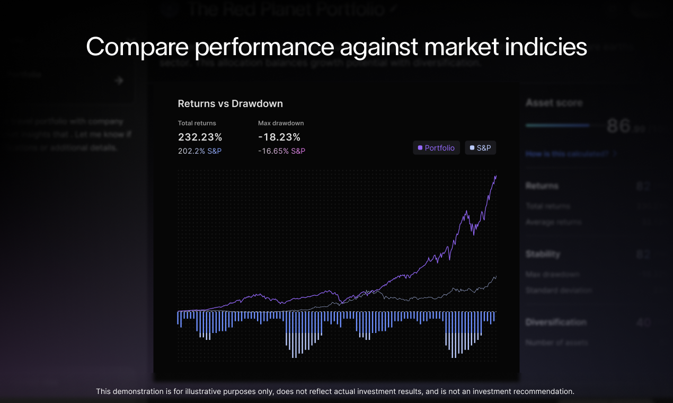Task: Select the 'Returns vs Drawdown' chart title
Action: tap(230, 103)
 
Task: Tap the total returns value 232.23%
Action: tap(200, 137)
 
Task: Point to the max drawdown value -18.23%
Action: tap(279, 137)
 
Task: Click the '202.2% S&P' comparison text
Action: tap(200, 151)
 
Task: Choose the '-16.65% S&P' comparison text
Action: tap(281, 151)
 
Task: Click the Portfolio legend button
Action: tap(437, 148)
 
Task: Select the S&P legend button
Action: tap(481, 148)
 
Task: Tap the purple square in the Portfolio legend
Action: tap(420, 148)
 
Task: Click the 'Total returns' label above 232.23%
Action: tap(197, 123)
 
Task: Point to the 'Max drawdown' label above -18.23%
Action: tap(281, 123)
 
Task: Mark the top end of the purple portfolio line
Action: tap(496, 176)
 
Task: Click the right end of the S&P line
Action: tap(496, 276)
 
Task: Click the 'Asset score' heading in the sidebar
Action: tap(554, 103)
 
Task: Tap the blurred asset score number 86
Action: tap(618, 126)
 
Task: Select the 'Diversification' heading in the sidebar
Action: tap(556, 322)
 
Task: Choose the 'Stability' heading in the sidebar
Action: tap(543, 254)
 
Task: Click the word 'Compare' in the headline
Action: tap(137, 47)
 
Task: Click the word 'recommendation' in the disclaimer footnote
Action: tap(548, 391)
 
